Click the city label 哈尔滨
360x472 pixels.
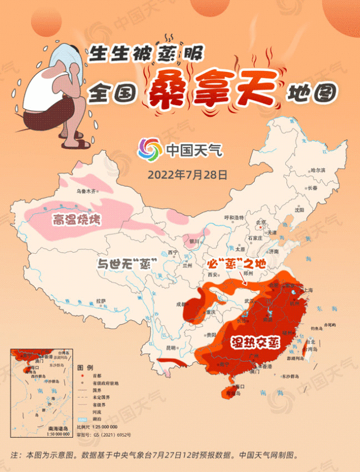pos(318,169)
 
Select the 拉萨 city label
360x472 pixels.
pos(101,300)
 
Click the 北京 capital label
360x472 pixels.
pos(260,222)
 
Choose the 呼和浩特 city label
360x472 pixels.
pos(234,217)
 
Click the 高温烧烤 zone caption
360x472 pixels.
pos(76,219)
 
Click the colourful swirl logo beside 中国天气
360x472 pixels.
pos(150,150)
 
